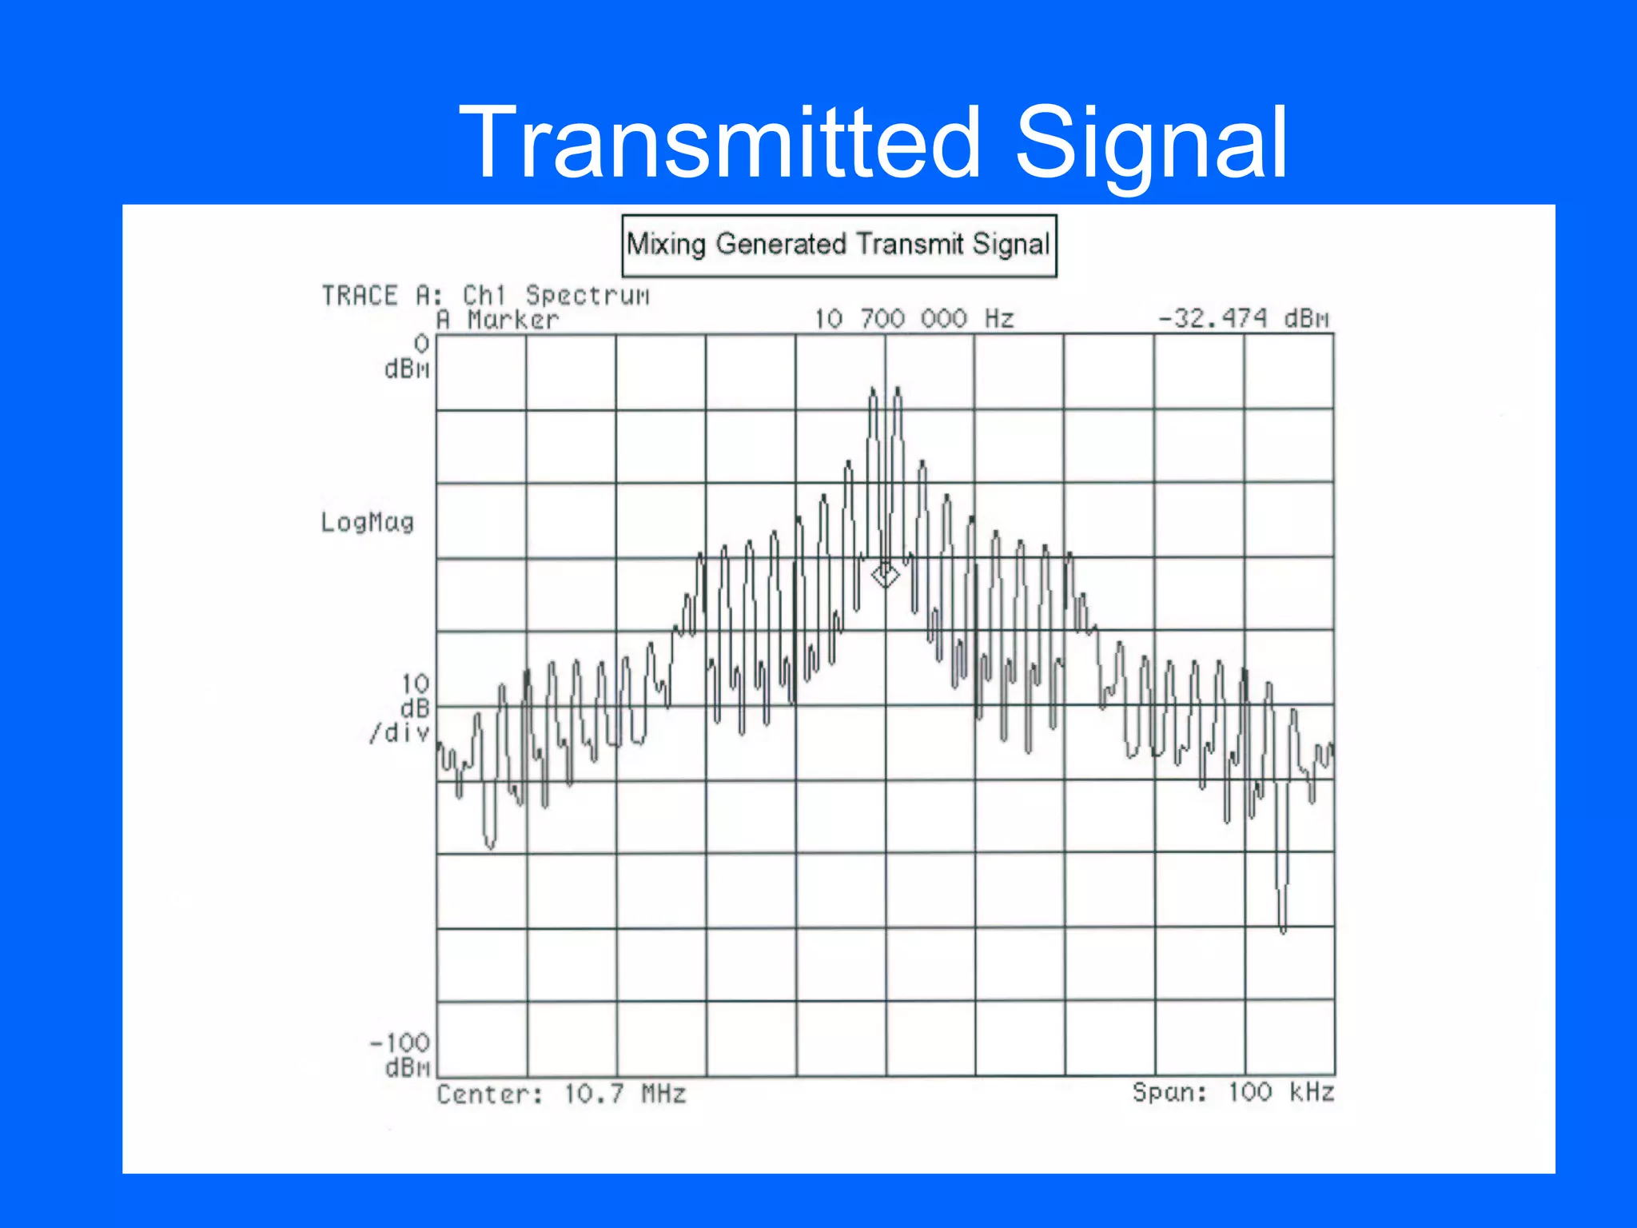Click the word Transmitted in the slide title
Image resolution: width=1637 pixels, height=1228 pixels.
click(719, 144)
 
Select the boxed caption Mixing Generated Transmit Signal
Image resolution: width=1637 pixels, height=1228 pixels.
click(838, 245)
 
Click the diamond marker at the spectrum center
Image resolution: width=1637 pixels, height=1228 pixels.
click(885, 575)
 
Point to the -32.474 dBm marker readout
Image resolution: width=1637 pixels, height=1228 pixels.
click(1243, 319)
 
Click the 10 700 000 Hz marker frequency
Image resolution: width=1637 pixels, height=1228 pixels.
click(914, 319)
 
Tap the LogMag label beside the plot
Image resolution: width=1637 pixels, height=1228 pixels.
click(368, 522)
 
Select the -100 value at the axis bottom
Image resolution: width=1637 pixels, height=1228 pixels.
click(400, 1043)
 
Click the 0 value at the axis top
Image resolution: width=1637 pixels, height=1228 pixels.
click(421, 344)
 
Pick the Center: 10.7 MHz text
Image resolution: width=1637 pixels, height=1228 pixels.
click(561, 1094)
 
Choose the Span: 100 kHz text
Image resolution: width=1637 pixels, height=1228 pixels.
click(1233, 1092)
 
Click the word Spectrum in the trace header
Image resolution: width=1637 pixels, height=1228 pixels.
click(587, 296)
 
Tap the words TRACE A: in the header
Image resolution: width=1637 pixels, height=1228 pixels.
click(381, 296)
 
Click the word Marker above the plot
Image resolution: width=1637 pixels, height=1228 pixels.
click(512, 320)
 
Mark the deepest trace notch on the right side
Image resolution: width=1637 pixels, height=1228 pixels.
click(1283, 927)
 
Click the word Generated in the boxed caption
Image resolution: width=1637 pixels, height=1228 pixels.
click(780, 244)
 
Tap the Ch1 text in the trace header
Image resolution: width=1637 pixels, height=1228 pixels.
click(484, 296)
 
